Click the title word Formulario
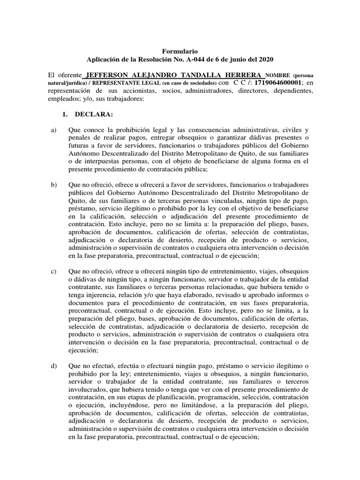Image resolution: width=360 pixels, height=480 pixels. pyautogui.click(x=180, y=51)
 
